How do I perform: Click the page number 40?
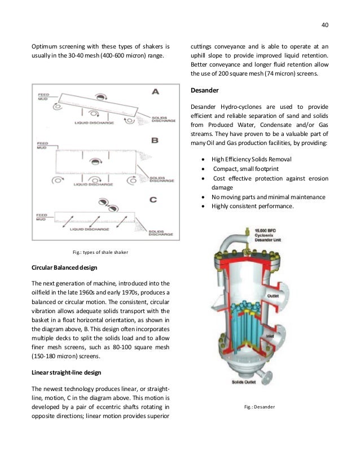(324, 25)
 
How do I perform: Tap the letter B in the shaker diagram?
(154, 138)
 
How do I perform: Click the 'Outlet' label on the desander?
(274, 296)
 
